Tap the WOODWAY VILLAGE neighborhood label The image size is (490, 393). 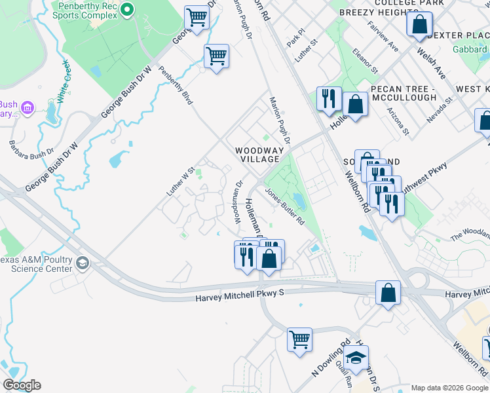260,155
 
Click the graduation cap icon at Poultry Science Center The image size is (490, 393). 82,263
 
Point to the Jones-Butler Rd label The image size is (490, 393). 284,207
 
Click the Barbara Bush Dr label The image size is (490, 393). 31,149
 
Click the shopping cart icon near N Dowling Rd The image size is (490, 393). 299,339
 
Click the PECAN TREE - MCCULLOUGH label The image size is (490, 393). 403,93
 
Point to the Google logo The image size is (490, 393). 22,385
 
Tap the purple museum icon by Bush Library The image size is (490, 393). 28,106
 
